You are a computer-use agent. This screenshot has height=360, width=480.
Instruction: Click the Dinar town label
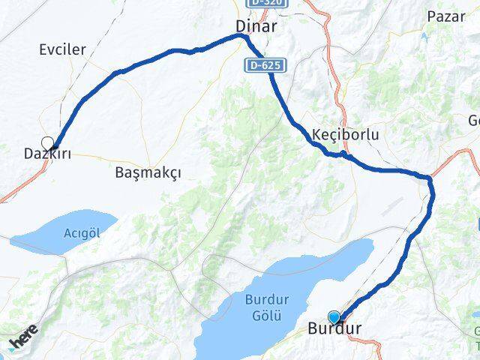pyautogui.click(x=256, y=25)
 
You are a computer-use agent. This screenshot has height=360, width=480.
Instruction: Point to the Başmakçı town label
pyautogui.click(x=148, y=172)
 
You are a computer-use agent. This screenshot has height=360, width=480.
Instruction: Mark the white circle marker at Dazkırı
pyautogui.click(x=48, y=142)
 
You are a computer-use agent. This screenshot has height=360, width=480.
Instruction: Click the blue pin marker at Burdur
pyautogui.click(x=334, y=318)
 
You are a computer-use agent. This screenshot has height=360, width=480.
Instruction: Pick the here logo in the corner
pyautogui.click(x=23, y=343)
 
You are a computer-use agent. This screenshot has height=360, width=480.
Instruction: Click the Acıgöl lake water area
pyautogui.click(x=45, y=238)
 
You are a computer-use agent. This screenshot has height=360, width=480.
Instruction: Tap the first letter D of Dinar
pyautogui.click(x=241, y=25)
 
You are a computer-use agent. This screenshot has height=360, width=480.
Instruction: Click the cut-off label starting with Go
pyautogui.click(x=474, y=121)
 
